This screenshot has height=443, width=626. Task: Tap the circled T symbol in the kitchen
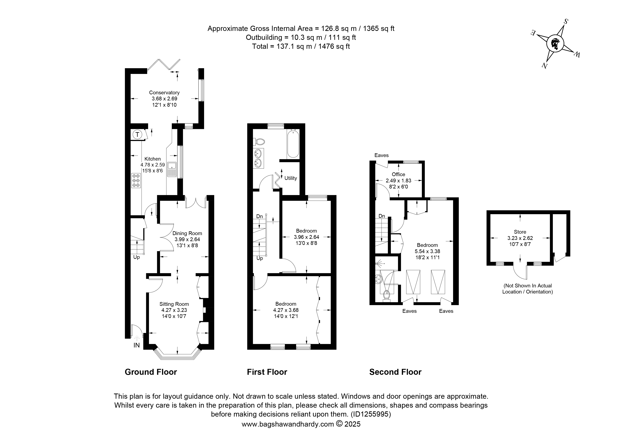(137, 134)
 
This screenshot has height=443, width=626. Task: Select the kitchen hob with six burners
(136, 180)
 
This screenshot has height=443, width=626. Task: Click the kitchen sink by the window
(172, 169)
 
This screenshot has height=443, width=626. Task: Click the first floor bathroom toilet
(260, 142)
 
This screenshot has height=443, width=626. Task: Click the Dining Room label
(187, 233)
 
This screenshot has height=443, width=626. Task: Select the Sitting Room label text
(174, 304)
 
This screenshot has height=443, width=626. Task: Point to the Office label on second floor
(398, 174)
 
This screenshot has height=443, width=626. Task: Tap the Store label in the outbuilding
(520, 232)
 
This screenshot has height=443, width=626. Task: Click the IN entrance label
(137, 345)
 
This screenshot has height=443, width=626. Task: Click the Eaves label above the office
(381, 155)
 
